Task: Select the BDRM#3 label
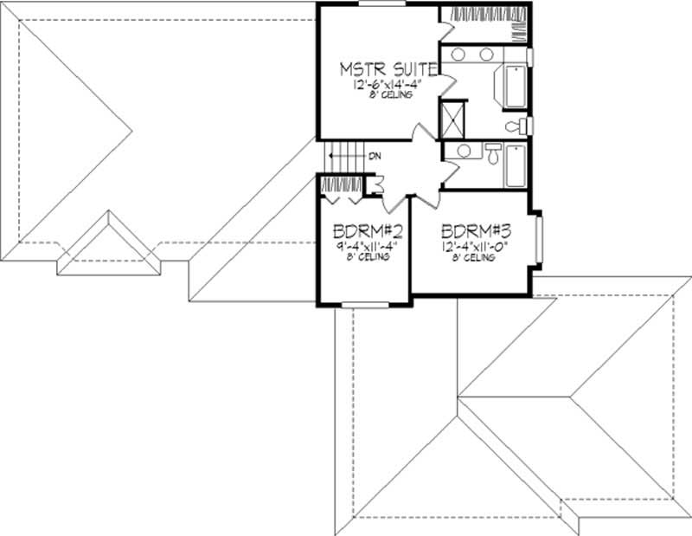(471, 232)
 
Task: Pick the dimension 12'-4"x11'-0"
(471, 246)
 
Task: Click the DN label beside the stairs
(375, 157)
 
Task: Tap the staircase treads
(343, 158)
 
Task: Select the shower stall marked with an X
(453, 119)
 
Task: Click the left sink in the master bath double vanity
(459, 55)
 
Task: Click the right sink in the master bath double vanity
(487, 55)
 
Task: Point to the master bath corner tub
(510, 86)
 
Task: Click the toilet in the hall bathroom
(491, 153)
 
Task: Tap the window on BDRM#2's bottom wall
(363, 304)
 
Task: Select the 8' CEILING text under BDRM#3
(471, 257)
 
